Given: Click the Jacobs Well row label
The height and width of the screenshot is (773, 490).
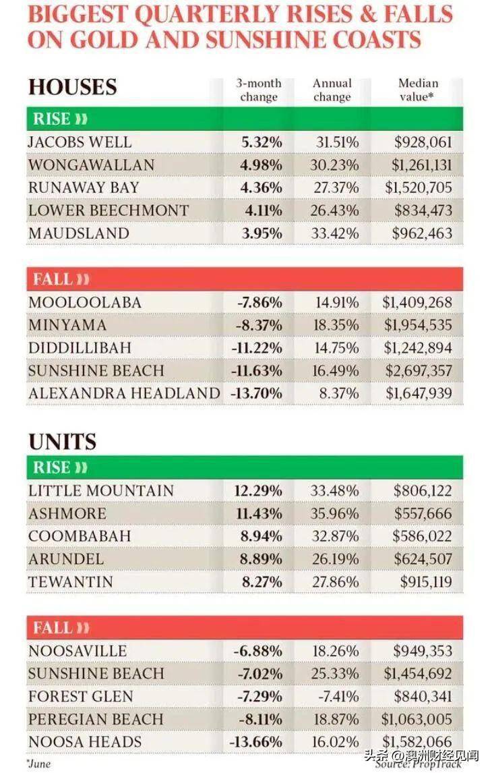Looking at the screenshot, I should click(x=80, y=142).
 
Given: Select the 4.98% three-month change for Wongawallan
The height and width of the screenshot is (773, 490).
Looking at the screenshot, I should click(x=262, y=165).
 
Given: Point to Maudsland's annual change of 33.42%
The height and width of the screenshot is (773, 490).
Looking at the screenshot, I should click(x=337, y=233).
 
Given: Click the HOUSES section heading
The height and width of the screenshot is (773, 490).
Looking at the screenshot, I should click(x=72, y=87).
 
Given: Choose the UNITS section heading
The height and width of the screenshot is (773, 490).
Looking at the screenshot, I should click(x=62, y=442).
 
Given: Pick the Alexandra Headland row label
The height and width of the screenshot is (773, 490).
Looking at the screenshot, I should click(x=124, y=393).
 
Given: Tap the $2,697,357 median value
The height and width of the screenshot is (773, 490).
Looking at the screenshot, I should click(x=418, y=371).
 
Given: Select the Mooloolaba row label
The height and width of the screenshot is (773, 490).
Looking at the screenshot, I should click(x=84, y=302).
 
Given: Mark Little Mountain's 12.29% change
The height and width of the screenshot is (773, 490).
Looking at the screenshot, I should click(x=258, y=491).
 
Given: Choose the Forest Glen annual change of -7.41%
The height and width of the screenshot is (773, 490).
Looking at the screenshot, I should click(x=337, y=696).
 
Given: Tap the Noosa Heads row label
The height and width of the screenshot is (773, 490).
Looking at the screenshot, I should click(x=85, y=742).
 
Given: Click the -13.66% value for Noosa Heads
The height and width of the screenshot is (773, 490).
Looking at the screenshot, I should click(x=257, y=742).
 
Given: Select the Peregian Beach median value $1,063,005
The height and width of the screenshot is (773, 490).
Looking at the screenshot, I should click(x=418, y=719).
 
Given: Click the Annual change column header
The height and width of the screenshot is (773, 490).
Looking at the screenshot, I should click(x=332, y=90).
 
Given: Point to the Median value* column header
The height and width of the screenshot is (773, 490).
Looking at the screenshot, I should click(x=418, y=90).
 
